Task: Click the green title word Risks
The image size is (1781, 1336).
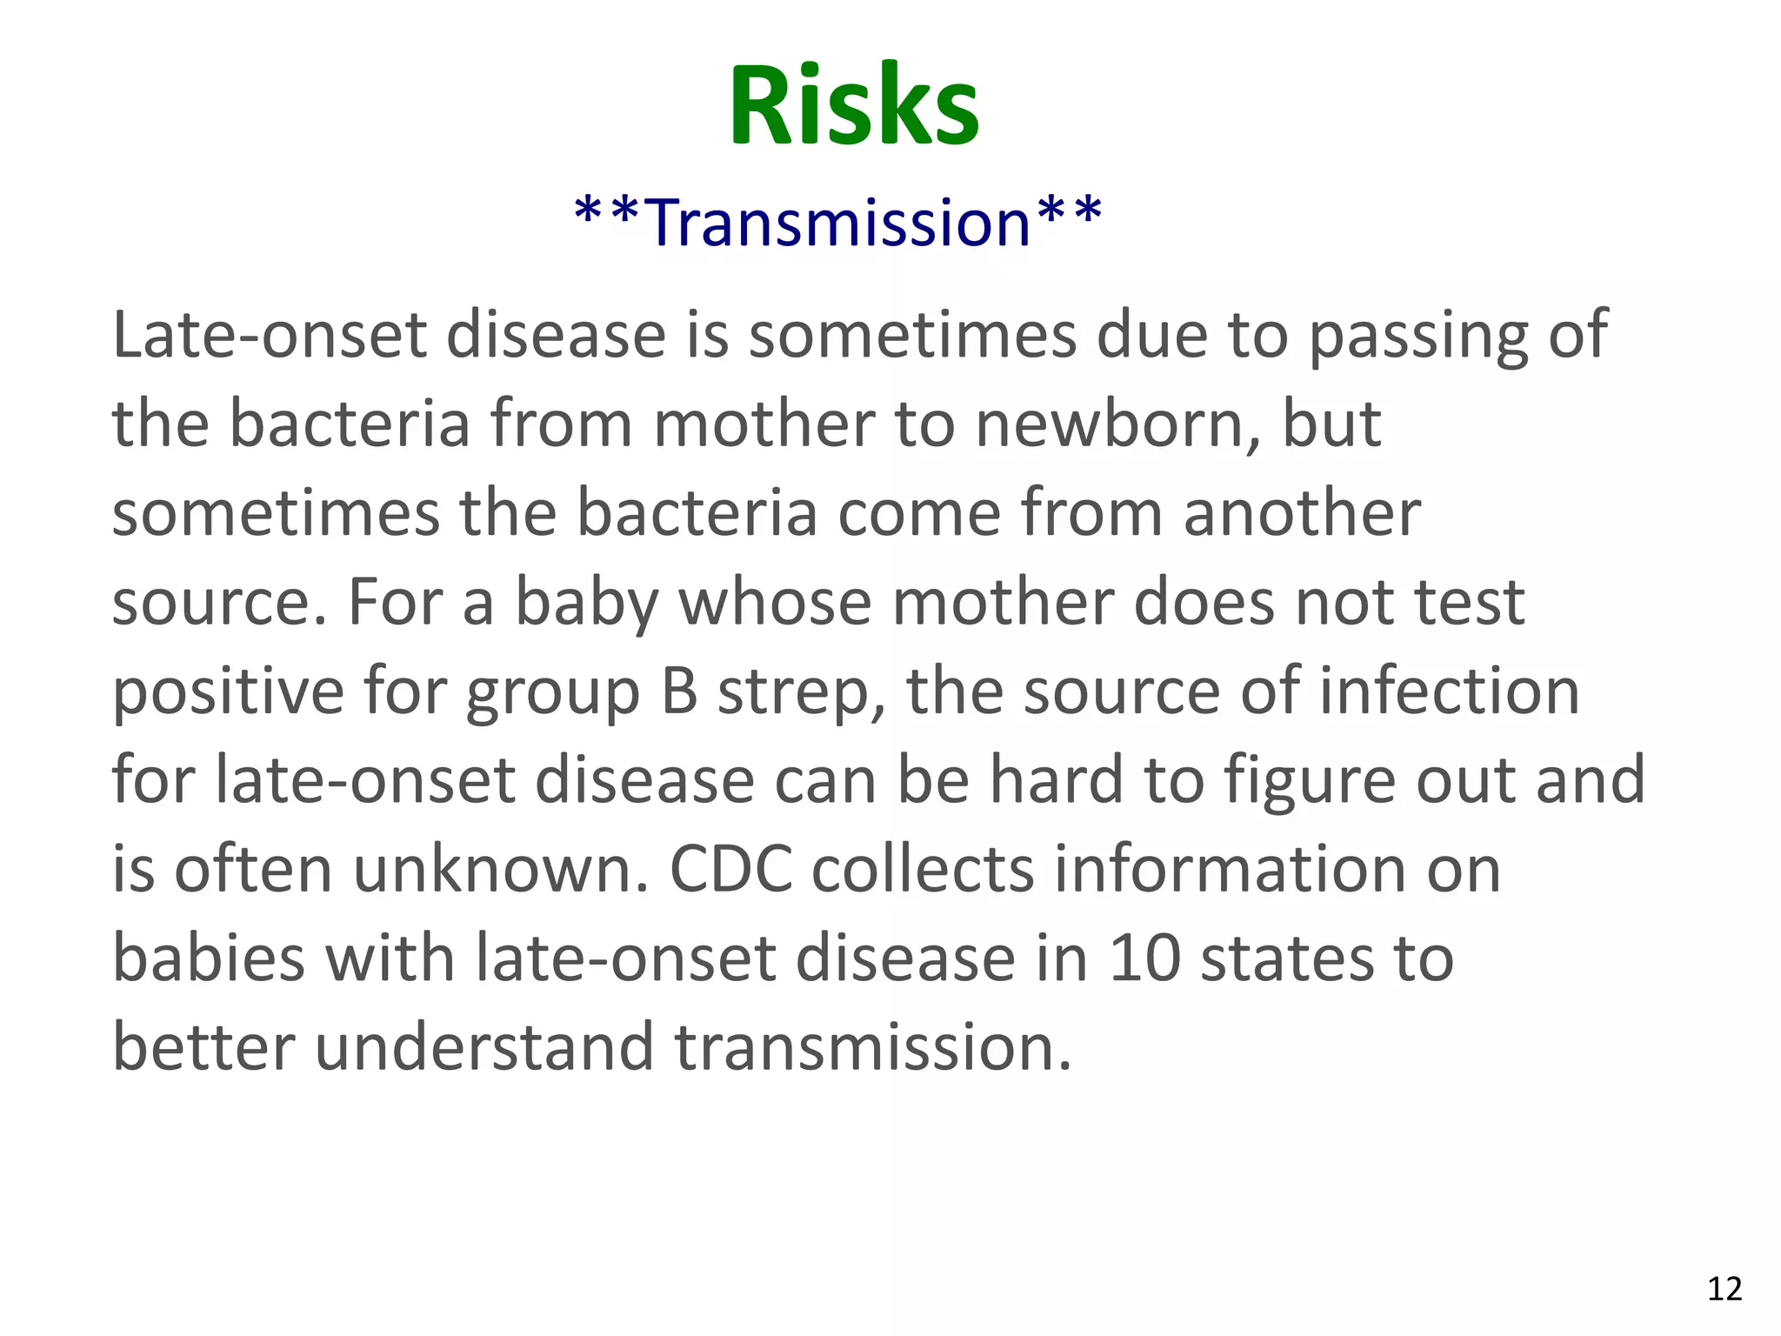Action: pyautogui.click(x=854, y=106)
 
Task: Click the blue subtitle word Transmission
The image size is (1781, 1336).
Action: pyautogui.click(x=839, y=223)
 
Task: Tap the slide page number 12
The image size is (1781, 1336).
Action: pyautogui.click(x=1724, y=1288)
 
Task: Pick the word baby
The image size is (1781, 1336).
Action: pyautogui.click(x=586, y=604)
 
